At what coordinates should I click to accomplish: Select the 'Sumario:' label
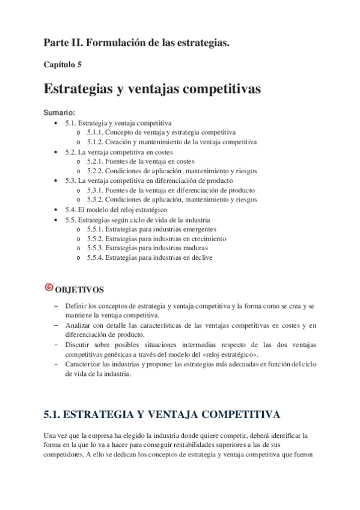(x=59, y=112)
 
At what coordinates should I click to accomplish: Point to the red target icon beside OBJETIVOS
(x=49, y=288)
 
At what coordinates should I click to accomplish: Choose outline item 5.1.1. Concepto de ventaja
(x=160, y=132)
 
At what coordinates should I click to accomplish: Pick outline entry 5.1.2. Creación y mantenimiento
(x=171, y=143)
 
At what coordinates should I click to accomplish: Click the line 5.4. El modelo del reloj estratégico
(x=116, y=209)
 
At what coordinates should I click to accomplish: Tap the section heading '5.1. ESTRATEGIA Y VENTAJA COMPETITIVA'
(x=160, y=414)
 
